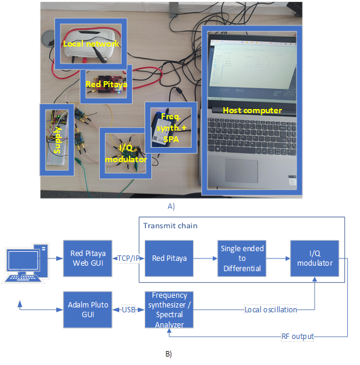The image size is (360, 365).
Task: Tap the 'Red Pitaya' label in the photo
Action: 106,85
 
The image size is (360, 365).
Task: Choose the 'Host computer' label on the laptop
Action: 252,110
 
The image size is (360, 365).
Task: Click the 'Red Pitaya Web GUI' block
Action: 86,258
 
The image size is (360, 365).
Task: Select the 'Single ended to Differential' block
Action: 241,258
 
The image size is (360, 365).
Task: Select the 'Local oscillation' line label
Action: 270,310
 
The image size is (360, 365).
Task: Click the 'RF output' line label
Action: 297,336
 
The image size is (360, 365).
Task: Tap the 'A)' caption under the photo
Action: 171,206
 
